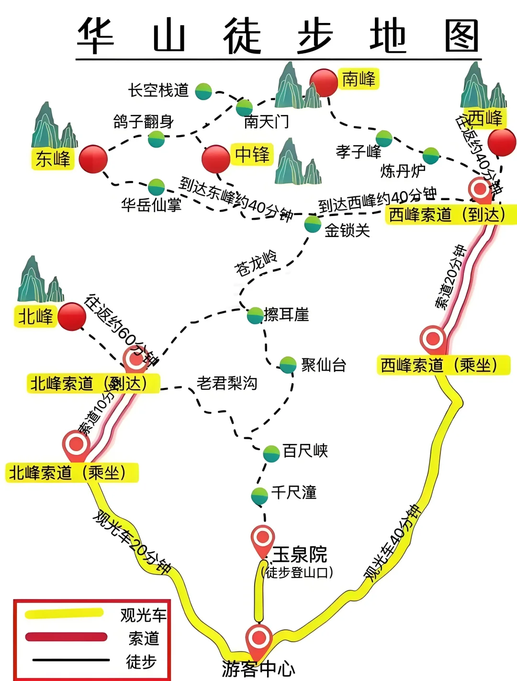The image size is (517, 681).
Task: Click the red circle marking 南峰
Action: point(324,82)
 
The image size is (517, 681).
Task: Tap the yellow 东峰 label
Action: point(53,159)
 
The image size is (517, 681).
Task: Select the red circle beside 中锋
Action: point(216,159)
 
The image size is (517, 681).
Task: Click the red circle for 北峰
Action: point(71,317)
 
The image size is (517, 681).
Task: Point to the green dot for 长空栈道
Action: point(203,91)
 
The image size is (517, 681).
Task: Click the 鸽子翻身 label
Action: point(143,122)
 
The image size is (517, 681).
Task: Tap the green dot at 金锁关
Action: point(313,224)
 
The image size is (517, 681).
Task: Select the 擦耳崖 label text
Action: point(286,315)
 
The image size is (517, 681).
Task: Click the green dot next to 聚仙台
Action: point(288,365)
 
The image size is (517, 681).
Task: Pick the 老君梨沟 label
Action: point(227,383)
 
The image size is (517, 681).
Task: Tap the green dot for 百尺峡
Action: point(271,453)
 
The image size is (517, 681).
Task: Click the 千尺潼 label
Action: point(293,492)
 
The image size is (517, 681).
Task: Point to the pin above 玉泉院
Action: point(263,539)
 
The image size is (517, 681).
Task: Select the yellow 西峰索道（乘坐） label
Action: point(443,365)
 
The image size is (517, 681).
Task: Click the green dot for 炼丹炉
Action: point(431,156)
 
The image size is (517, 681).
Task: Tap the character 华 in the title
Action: point(96,36)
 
